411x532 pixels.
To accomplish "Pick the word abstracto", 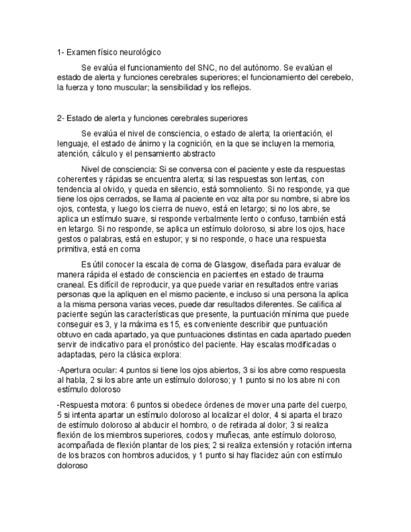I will pos(194,154).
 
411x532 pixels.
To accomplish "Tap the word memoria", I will pos(318,143).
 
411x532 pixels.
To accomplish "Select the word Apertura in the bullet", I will pos(75,369).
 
